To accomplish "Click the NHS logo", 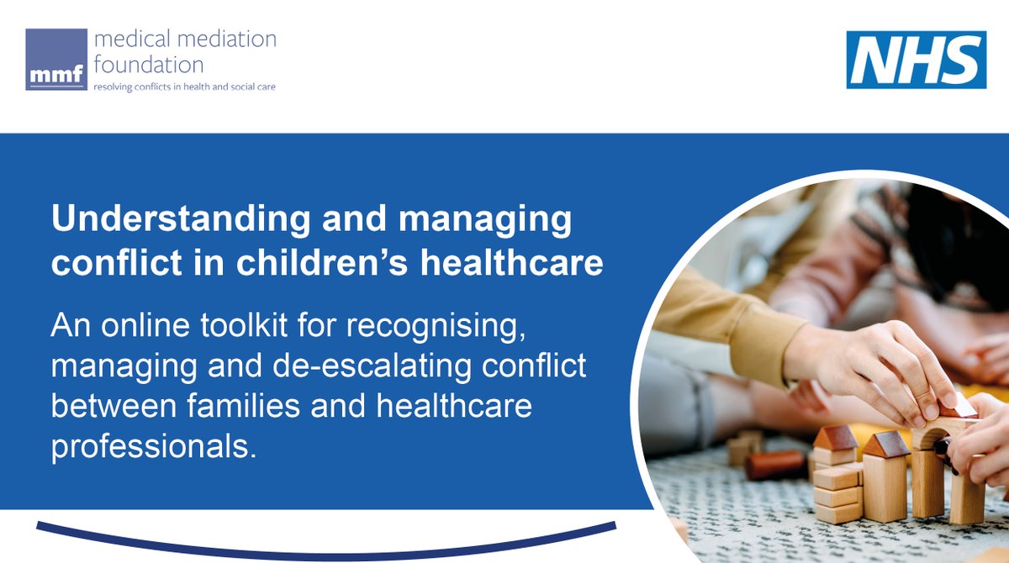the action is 917,60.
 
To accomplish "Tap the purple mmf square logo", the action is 56,60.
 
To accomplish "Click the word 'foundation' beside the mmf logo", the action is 149,65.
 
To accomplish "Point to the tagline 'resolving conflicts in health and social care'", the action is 184,87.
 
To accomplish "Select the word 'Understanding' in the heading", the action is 181,219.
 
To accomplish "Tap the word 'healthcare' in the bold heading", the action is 511,263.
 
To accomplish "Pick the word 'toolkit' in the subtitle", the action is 244,325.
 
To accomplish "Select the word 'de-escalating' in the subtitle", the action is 372,366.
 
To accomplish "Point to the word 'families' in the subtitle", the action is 243,406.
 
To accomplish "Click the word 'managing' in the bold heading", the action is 485,219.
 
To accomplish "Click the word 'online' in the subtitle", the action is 145,325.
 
